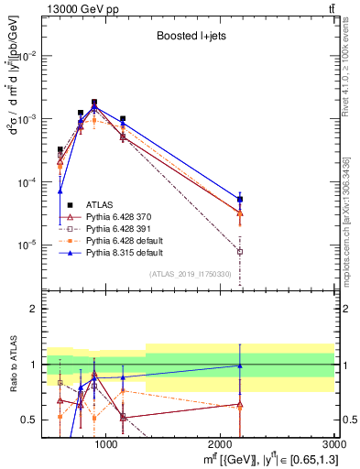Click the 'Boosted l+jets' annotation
(191, 38)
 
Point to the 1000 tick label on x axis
(106, 444)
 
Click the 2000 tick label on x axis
(221, 444)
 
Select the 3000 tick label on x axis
(334, 444)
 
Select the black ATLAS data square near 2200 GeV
(240, 199)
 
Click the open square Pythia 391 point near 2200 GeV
(240, 251)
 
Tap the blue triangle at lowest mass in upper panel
(60, 191)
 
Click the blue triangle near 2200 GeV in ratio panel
(240, 365)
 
